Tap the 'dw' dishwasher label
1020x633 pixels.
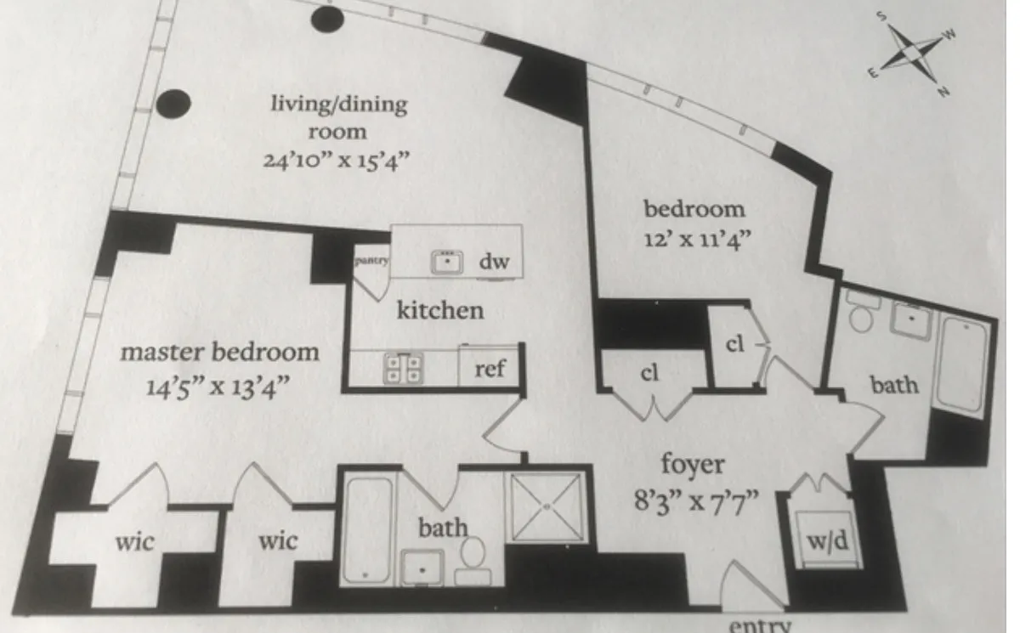click(x=493, y=262)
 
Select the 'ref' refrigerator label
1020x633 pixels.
click(x=489, y=370)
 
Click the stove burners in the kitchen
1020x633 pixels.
click(x=404, y=368)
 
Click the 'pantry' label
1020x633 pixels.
click(x=371, y=261)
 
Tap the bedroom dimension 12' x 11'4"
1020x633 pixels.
click(x=694, y=237)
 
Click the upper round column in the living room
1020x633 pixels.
click(x=326, y=19)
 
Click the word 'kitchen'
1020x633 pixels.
click(x=440, y=310)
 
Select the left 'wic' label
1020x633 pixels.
click(x=136, y=541)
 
